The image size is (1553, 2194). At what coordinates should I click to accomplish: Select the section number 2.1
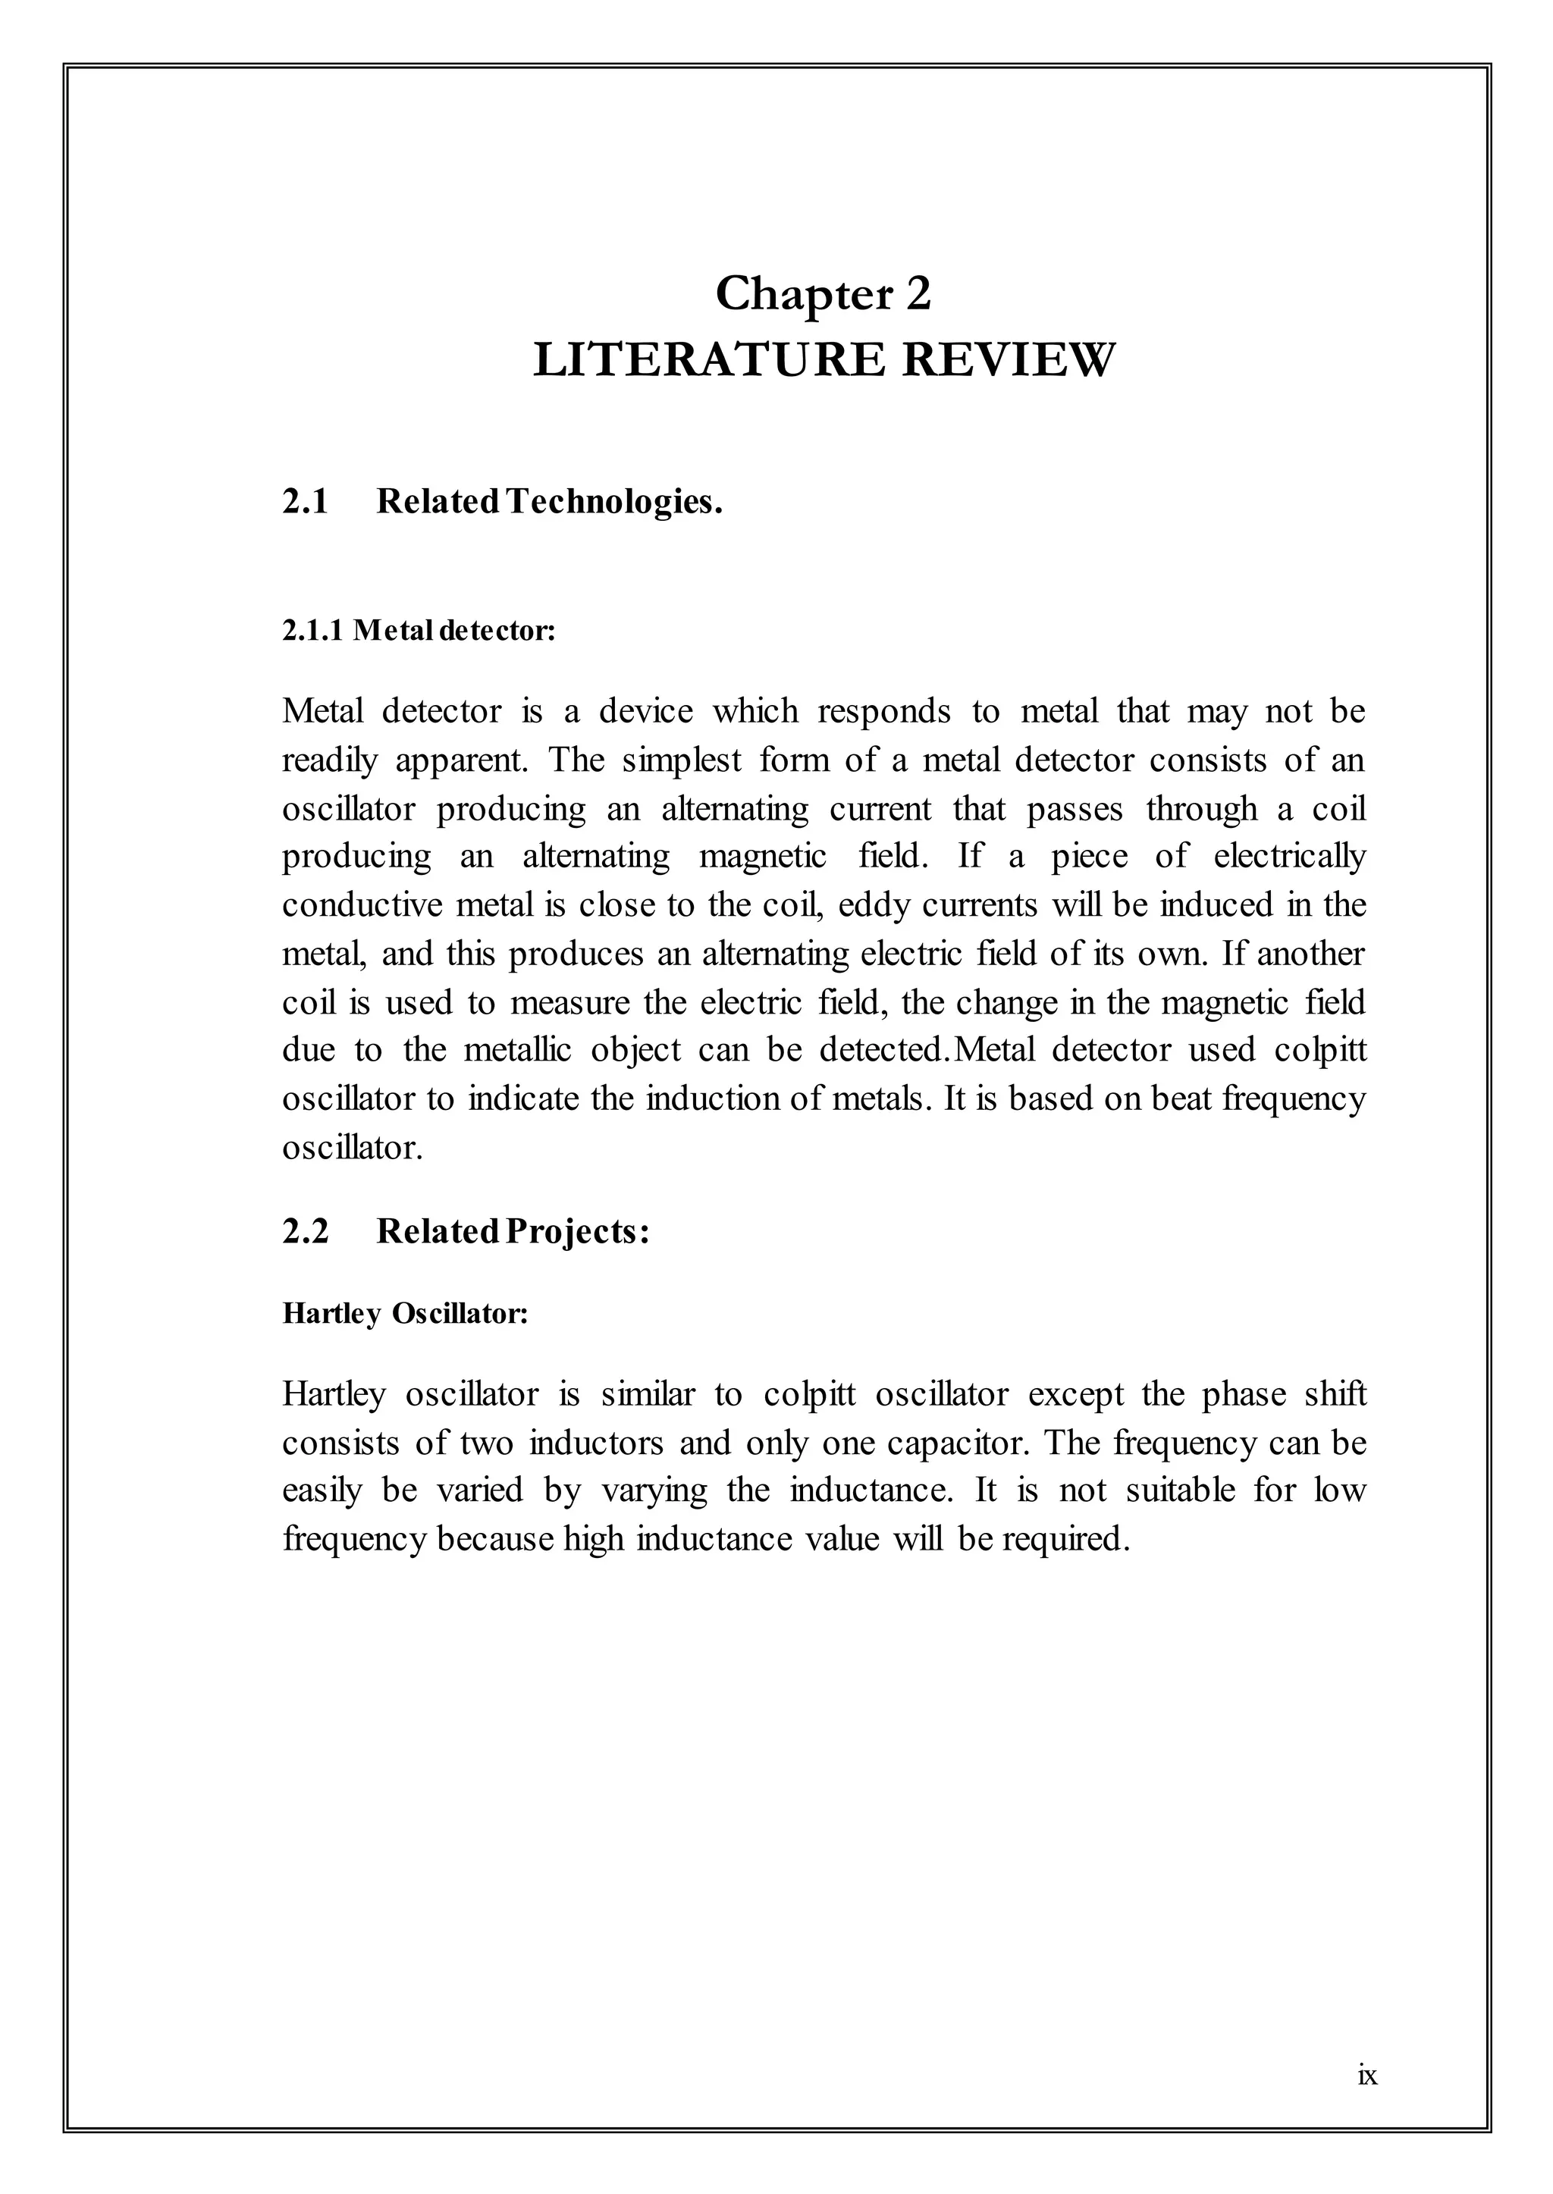pos(305,501)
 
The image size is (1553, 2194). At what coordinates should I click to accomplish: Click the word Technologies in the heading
pos(613,501)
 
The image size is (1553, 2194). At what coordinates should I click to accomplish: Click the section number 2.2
pos(305,1231)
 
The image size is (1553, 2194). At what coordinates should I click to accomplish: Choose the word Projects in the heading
pos(576,1232)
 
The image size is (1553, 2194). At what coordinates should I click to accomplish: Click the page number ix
pos(1367,2102)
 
